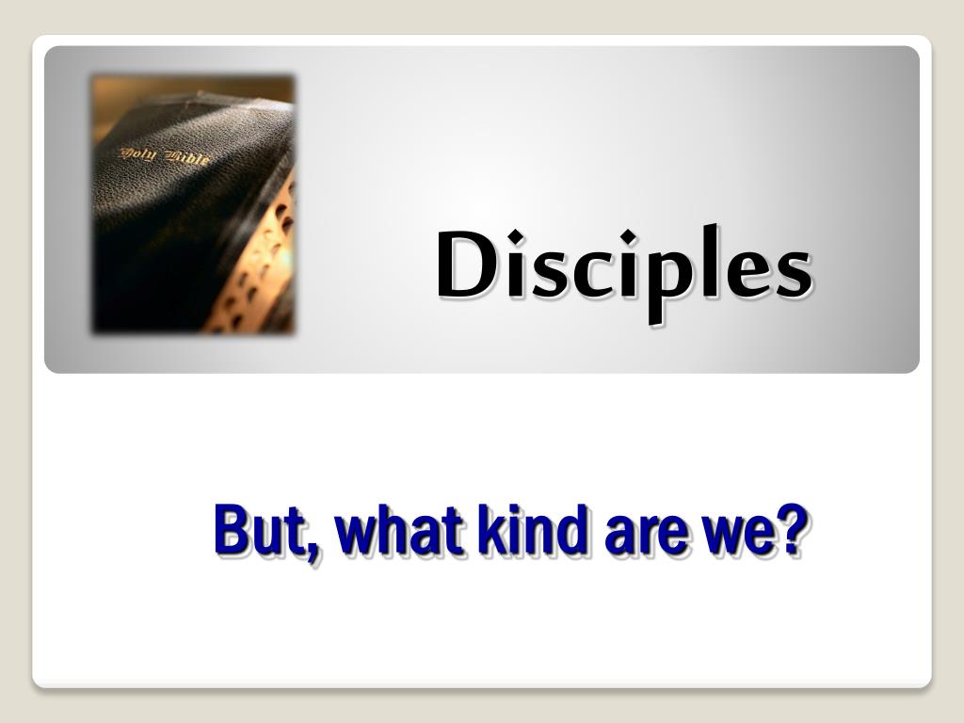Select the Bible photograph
[x=193, y=204]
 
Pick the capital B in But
[x=232, y=530]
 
